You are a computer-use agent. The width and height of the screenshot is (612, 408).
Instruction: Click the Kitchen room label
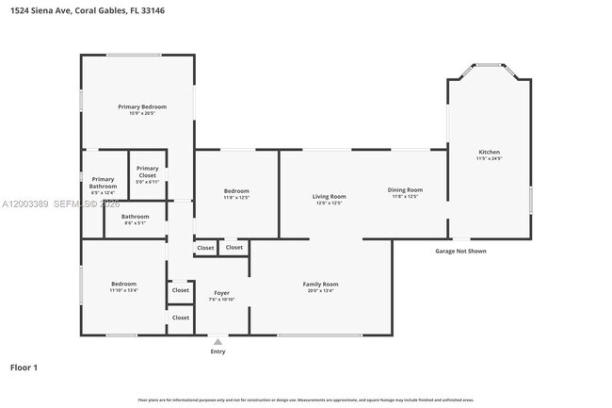point(489,152)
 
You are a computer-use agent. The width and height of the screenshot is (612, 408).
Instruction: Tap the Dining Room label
point(405,189)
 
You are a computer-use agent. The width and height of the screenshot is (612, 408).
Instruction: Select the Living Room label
point(329,196)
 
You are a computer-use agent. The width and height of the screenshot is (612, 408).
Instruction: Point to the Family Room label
point(320,284)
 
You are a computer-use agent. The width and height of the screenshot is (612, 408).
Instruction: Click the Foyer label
point(221,293)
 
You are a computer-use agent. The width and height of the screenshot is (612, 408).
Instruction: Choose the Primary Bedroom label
point(141,106)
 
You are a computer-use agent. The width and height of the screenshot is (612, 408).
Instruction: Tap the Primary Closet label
point(147,171)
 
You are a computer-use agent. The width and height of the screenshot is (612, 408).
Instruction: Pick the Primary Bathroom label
point(103,183)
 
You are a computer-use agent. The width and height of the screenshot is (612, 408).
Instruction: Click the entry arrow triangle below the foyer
point(217,342)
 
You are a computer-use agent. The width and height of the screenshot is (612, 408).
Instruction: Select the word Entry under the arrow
point(217,352)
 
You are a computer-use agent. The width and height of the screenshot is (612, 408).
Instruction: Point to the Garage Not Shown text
point(460,252)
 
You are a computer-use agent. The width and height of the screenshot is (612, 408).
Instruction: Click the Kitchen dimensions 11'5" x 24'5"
point(489,159)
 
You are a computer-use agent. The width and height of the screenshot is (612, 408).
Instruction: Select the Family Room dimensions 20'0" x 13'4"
point(320,291)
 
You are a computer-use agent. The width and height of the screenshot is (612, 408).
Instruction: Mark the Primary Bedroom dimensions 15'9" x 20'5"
point(141,113)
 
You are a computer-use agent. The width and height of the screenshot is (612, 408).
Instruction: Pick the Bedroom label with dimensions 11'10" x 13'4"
point(123,284)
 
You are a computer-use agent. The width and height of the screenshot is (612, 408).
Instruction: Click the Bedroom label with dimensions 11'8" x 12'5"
point(236,191)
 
